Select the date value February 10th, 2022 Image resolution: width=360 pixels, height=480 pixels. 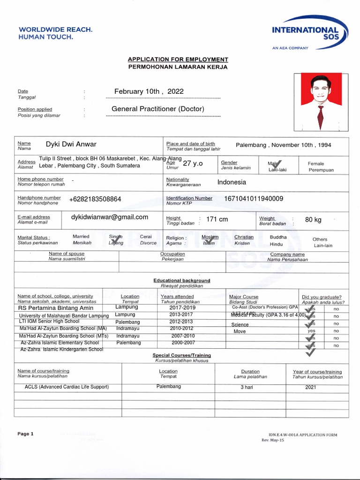point(149,91)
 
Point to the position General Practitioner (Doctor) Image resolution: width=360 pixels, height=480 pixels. point(158,109)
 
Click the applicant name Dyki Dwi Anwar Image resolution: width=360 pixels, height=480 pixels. point(71,144)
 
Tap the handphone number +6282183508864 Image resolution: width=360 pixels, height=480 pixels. point(95,199)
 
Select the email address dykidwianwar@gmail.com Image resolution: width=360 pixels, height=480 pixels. point(110,217)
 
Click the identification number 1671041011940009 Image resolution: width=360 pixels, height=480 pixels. point(254,199)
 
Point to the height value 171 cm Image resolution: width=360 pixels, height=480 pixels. point(217,219)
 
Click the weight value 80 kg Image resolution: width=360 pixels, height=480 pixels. point(313,219)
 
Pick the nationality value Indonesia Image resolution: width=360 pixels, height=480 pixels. point(232,182)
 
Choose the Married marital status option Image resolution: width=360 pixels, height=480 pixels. point(81,237)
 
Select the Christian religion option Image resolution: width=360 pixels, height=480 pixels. point(244,237)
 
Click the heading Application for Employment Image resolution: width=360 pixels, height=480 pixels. point(178,60)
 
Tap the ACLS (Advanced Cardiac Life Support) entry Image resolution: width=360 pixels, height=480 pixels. point(67,387)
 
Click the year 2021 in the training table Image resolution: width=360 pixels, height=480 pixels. point(310,387)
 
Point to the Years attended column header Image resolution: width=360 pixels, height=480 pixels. point(177,296)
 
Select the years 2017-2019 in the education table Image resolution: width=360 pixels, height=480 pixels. point(182,307)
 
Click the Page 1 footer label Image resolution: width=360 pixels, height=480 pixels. point(25,434)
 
